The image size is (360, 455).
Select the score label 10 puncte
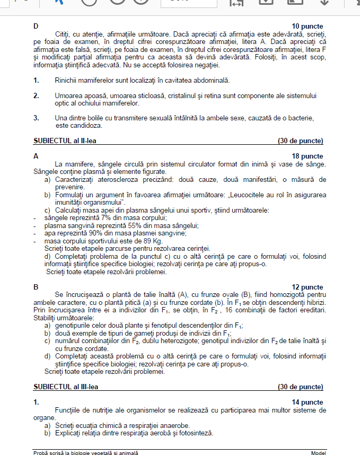coord(308,27)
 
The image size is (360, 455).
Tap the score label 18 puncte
coord(308,156)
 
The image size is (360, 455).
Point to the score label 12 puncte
coord(308,287)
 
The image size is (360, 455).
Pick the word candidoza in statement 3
coord(84,126)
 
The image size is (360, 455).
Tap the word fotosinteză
coord(195,433)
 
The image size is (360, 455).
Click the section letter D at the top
coord(36,27)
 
